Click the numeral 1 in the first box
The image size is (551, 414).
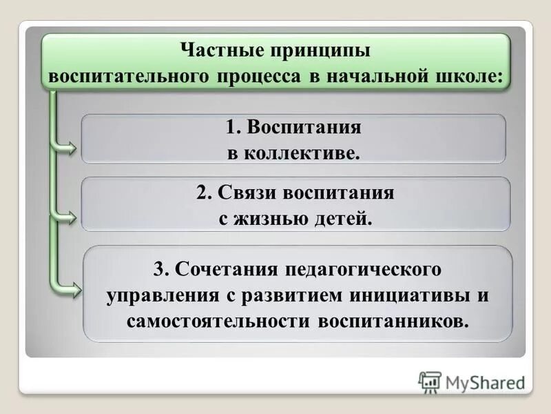pos(231,128)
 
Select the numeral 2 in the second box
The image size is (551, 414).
pos(201,193)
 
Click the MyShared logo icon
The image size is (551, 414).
pos(430,382)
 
